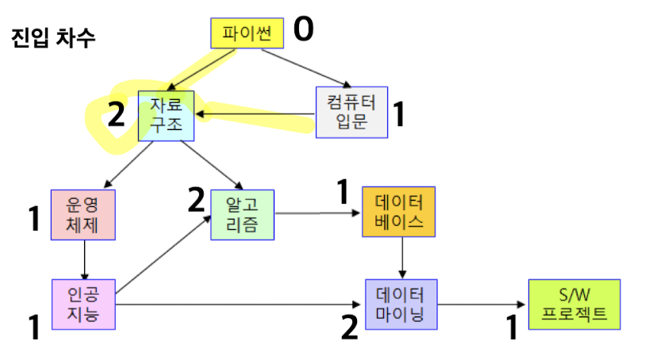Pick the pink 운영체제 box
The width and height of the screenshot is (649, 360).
pos(83,214)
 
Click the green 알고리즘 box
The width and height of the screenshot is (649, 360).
pos(243,214)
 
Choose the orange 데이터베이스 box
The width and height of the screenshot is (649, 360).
pos(398,212)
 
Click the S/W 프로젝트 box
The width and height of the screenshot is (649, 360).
pos(574,304)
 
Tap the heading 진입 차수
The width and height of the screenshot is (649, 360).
pos(54,38)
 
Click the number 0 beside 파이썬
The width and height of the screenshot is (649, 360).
pos(304,30)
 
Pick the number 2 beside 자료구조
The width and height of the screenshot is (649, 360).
pos(117,116)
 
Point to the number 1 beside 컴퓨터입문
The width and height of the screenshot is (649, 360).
pos(400,115)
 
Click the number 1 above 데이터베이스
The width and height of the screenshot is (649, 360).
pos(343,190)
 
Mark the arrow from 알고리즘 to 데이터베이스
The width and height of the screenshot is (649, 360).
pos(318,213)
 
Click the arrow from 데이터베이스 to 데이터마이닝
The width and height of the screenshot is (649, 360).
pos(403,258)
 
